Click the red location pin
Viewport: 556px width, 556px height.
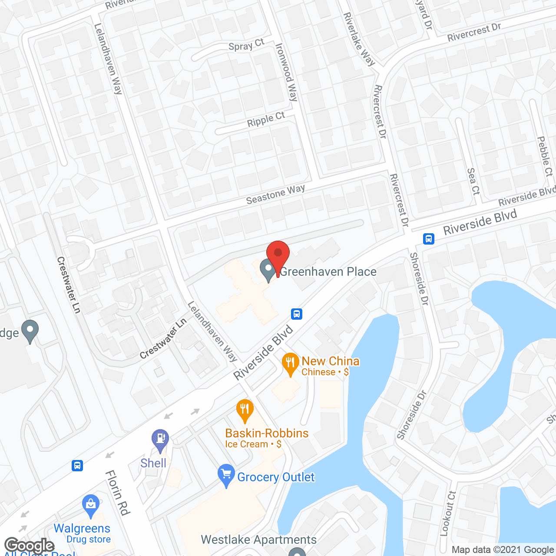[278, 255]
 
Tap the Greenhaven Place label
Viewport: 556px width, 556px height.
[328, 272]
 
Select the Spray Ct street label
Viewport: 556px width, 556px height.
[246, 45]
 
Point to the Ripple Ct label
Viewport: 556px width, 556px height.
[266, 119]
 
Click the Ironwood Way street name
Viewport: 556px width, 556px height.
[287, 72]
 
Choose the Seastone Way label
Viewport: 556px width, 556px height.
[275, 194]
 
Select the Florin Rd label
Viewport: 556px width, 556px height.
[118, 493]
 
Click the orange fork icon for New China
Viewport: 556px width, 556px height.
[291, 363]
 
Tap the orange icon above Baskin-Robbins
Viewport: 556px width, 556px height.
[245, 410]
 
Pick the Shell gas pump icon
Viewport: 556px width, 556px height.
[160, 439]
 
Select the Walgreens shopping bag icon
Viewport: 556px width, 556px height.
[90, 505]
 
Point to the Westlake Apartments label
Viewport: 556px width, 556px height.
[259, 539]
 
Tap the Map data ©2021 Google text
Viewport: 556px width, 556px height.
[503, 550]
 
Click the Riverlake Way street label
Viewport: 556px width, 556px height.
[359, 39]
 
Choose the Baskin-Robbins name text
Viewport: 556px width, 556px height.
[267, 433]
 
